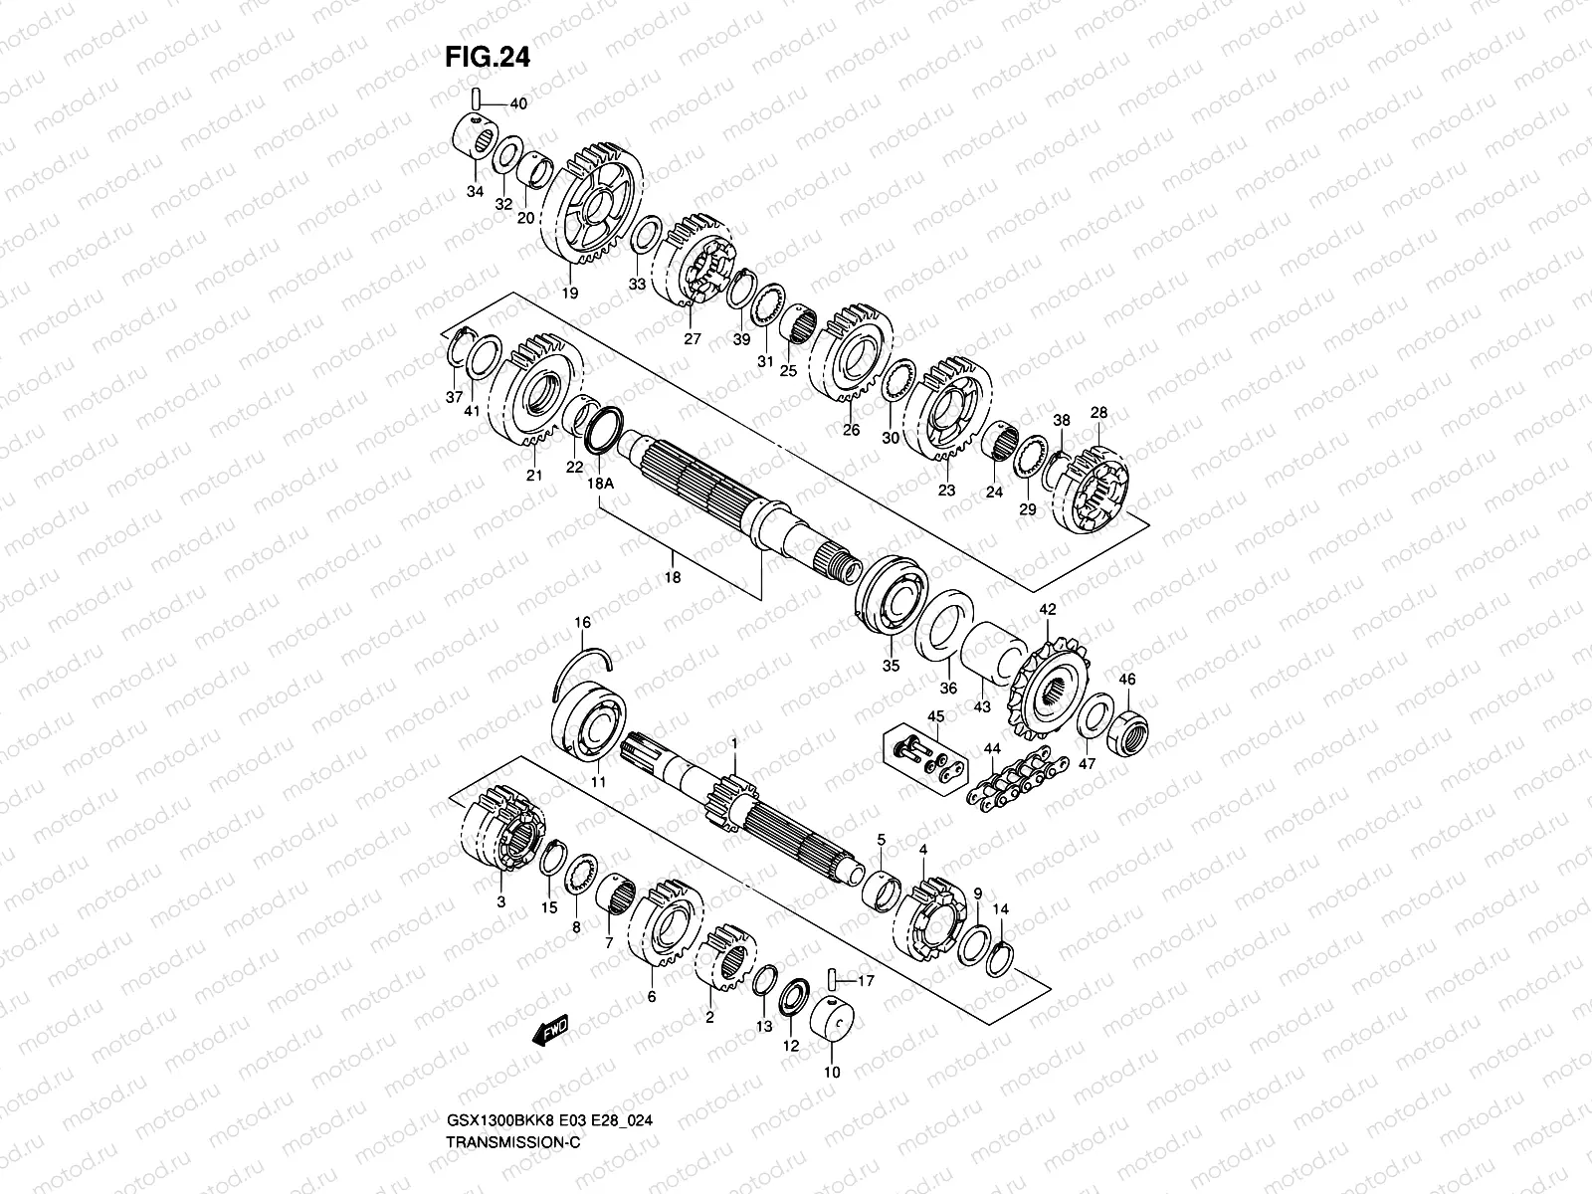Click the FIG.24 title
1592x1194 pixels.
[487, 58]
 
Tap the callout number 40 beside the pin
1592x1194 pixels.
[518, 104]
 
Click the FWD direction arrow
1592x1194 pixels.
[550, 1030]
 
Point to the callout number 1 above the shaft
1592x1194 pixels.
[734, 743]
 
